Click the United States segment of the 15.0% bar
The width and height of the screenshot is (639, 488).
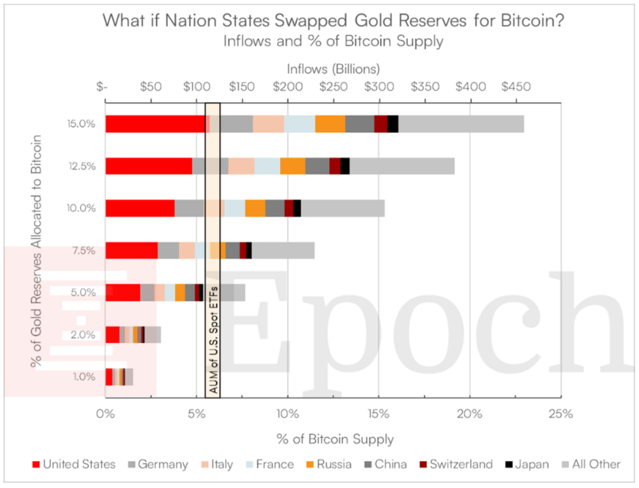point(155,124)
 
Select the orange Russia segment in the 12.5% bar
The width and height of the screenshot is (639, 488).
point(293,166)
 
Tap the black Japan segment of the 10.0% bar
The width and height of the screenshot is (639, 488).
point(297,208)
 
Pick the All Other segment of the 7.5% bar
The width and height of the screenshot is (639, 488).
point(283,251)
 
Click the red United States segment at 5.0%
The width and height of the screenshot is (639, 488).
point(123,293)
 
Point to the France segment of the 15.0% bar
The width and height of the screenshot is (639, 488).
point(299,124)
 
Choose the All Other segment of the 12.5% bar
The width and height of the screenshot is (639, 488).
point(402,166)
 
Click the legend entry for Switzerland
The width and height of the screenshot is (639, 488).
point(461,464)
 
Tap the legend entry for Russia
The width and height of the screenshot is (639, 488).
point(334,464)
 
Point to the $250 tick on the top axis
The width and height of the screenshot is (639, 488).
point(333,87)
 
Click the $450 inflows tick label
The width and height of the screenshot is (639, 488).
point(516,87)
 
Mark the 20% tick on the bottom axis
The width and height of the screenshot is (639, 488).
point(470,414)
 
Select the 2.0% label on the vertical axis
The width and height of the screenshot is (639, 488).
point(83,335)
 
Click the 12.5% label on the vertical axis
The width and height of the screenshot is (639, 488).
point(82,166)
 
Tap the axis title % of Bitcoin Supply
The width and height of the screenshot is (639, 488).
point(335,439)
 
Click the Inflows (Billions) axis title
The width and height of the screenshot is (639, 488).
point(333,69)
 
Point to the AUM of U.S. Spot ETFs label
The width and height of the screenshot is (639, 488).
point(213,340)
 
